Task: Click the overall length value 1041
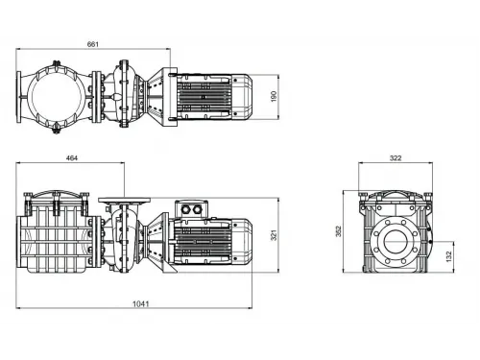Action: click(141, 304)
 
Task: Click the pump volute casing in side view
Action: click(127, 240)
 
